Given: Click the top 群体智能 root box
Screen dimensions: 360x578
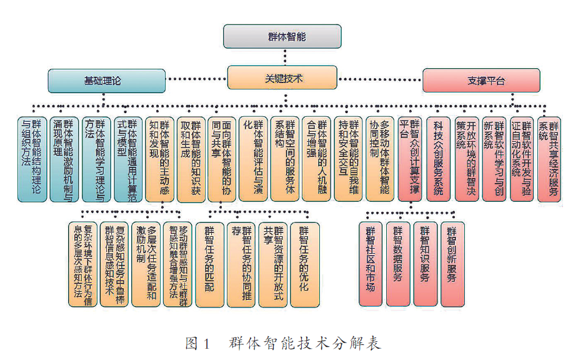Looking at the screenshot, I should (282, 36).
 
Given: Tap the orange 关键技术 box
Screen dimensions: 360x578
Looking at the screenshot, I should (282, 78).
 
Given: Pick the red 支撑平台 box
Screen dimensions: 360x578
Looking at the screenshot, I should (481, 81).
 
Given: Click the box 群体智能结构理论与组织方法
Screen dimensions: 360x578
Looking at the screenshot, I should (32, 159).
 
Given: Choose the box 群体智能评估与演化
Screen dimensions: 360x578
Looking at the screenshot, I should (254, 159).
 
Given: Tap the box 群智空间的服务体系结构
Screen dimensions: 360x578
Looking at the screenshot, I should (285, 159).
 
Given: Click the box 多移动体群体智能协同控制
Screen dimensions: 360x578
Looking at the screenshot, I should (379, 159).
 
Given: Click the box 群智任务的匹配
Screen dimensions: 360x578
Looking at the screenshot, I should (209, 264).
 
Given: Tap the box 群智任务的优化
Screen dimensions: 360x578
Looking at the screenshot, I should (304, 264).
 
